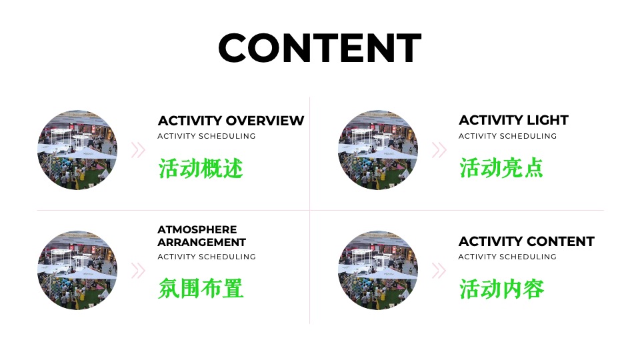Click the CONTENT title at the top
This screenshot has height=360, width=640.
pyautogui.click(x=319, y=48)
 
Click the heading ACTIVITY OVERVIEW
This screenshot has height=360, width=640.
pyautogui.click(x=231, y=121)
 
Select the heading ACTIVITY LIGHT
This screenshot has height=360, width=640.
pyautogui.click(x=513, y=121)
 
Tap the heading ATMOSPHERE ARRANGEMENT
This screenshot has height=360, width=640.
pyautogui.click(x=201, y=236)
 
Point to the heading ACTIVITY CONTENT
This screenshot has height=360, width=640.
pyautogui.click(x=526, y=241)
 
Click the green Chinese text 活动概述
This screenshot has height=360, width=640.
pyautogui.click(x=201, y=167)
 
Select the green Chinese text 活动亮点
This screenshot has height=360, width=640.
pyautogui.click(x=501, y=167)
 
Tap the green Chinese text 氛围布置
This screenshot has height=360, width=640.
pyautogui.click(x=201, y=289)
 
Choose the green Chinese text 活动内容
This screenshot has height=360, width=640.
pyautogui.click(x=501, y=289)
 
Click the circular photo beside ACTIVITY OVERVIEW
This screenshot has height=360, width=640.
pyautogui.click(x=77, y=150)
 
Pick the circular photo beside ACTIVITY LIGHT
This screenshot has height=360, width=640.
pyautogui.click(x=378, y=150)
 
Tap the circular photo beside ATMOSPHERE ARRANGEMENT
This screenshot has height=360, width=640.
pyautogui.click(x=77, y=271)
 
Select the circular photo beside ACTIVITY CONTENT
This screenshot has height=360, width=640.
pyautogui.click(x=378, y=271)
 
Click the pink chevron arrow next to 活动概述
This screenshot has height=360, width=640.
pyautogui.click(x=138, y=150)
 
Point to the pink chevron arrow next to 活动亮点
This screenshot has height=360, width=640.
pyautogui.click(x=439, y=150)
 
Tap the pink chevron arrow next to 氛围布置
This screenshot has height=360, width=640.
pyautogui.click(x=138, y=271)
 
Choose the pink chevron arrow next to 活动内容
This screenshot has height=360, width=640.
pyautogui.click(x=439, y=271)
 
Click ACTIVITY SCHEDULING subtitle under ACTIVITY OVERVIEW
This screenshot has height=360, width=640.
pyautogui.click(x=207, y=136)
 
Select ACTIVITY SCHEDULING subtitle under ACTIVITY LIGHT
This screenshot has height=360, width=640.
pyautogui.click(x=507, y=136)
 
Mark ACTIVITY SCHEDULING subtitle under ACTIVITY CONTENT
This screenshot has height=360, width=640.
pyautogui.click(x=507, y=257)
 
